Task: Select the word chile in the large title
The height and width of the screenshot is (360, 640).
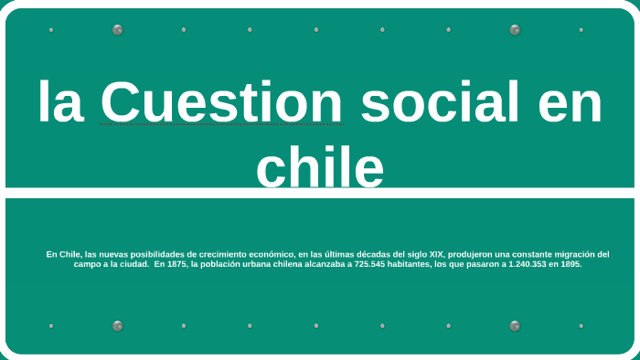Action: tap(320, 168)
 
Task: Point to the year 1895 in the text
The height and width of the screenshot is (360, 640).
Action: tap(570, 264)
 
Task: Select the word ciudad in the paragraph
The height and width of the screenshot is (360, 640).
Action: tap(133, 264)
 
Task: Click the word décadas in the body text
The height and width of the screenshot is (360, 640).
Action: tap(369, 254)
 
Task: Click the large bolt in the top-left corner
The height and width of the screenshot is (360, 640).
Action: tap(117, 30)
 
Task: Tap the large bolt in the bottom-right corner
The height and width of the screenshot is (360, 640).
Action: tap(515, 325)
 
